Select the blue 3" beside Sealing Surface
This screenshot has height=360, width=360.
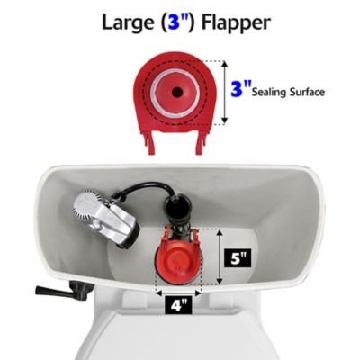coord(239,90)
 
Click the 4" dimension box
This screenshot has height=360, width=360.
coord(180,305)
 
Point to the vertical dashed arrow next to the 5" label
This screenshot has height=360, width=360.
coord(218,259)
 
